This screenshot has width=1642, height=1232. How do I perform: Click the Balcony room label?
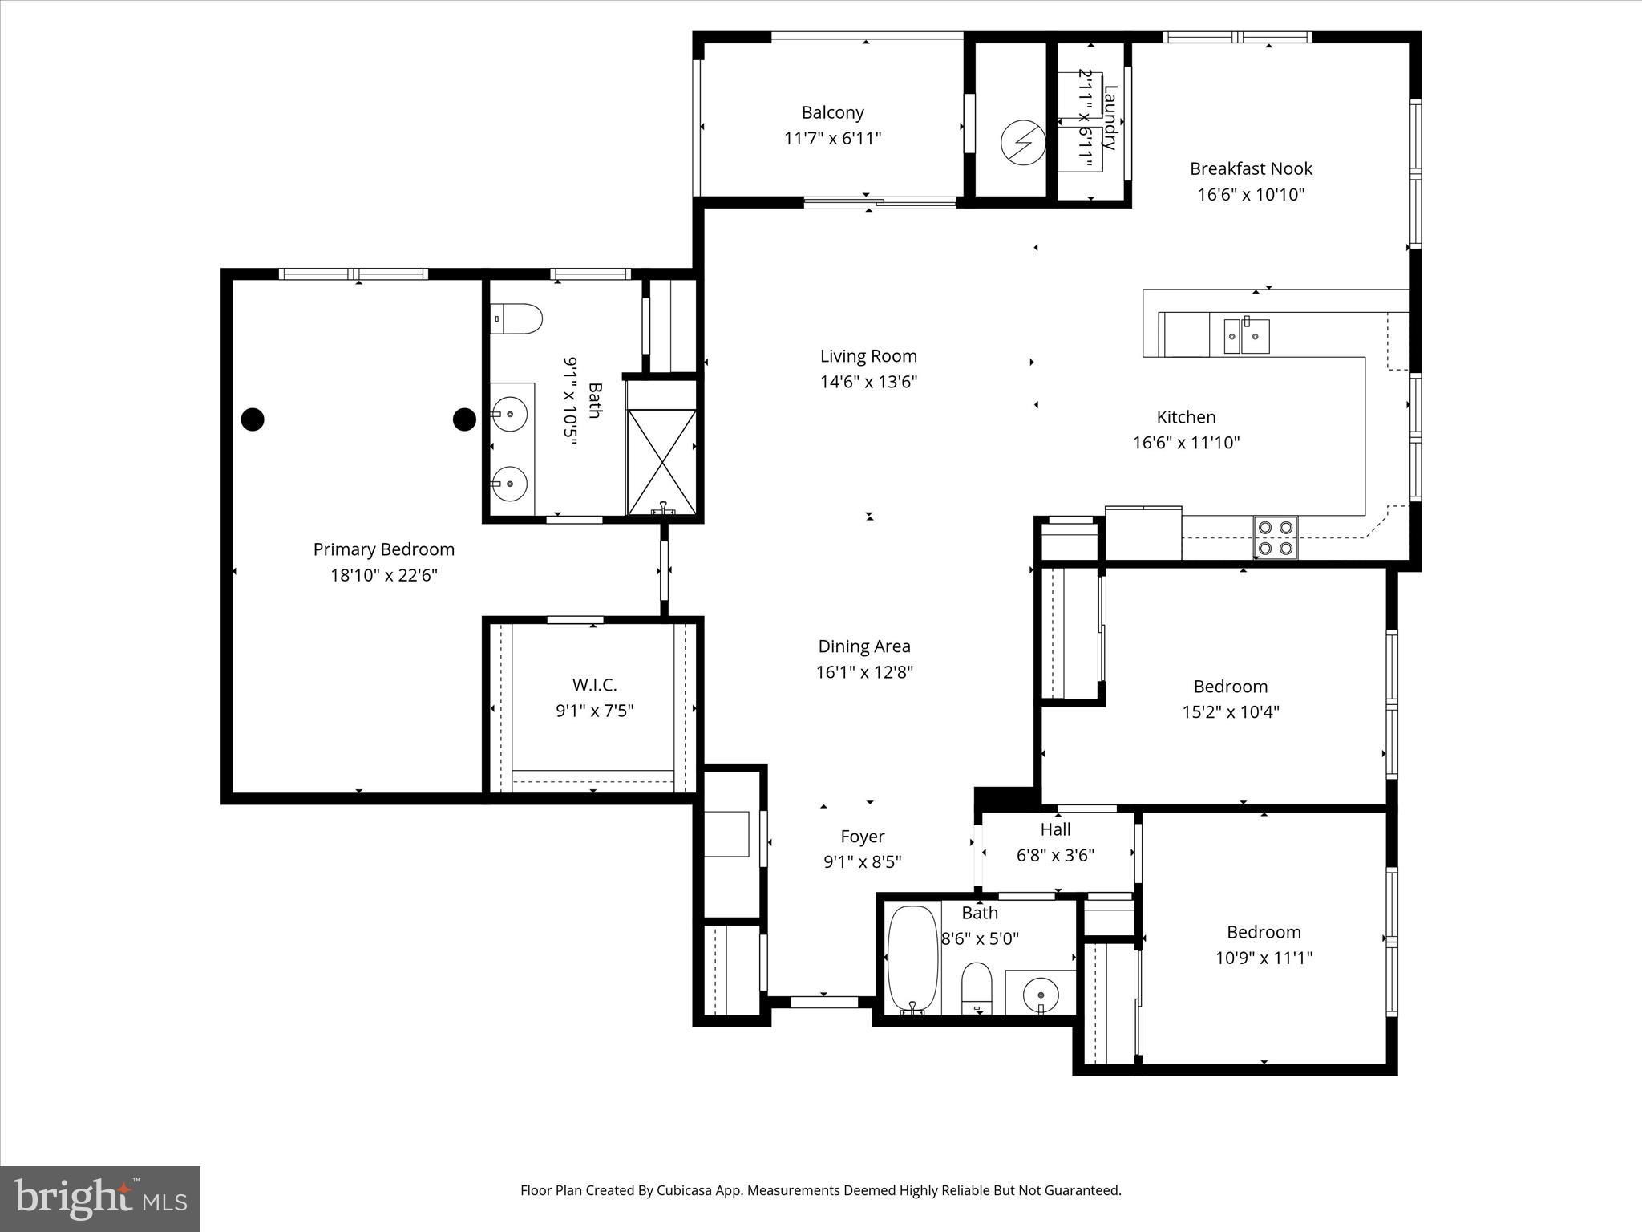pos(832,112)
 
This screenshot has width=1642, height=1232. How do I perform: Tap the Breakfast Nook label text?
pos(1251,168)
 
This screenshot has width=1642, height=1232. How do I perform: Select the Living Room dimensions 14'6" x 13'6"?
pos(868,381)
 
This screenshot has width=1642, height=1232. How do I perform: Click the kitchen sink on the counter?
pos(1246,336)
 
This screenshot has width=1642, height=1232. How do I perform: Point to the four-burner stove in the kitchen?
pos(1276,537)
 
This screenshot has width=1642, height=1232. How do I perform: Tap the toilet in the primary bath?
pos(516,318)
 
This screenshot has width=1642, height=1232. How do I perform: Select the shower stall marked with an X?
pos(662,461)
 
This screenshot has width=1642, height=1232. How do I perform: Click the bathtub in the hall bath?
pos(912,960)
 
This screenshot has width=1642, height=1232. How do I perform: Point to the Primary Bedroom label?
pos(383,549)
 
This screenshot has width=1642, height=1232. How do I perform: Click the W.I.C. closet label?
pos(594,685)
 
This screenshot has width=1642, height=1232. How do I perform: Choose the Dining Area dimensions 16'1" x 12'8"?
pos(864,671)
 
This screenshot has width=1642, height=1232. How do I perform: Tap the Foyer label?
pos(863,837)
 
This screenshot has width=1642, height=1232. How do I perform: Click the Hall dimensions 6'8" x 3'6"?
pos(1055,855)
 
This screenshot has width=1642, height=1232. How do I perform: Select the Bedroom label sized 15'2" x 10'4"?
pos(1231,687)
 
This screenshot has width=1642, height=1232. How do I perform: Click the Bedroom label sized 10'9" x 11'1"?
pos(1264,932)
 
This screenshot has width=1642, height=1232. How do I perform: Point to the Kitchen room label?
pos(1186,417)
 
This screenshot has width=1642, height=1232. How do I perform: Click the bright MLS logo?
pos(100,1198)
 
